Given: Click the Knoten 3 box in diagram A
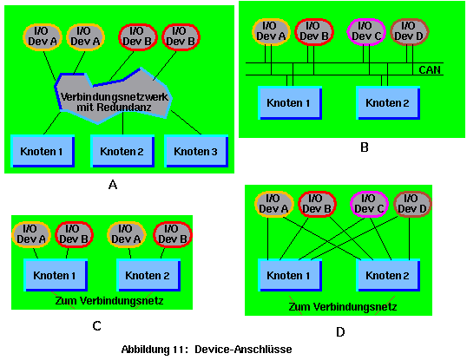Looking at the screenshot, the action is click(x=196, y=151).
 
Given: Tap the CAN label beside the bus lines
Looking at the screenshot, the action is click(x=430, y=70).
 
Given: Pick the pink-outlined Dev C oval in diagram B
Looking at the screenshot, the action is click(x=366, y=32).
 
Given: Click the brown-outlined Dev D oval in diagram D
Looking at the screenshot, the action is click(x=412, y=204).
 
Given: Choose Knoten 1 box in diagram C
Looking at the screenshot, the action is click(x=56, y=275).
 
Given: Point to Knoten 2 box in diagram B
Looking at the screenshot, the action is click(x=388, y=103).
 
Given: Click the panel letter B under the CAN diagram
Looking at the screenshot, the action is click(x=365, y=147).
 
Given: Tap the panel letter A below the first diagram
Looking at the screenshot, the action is click(x=113, y=185).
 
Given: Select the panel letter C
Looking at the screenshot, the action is click(x=97, y=326).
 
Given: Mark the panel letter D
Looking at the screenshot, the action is click(x=340, y=331).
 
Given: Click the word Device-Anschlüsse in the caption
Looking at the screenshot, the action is click(x=243, y=349).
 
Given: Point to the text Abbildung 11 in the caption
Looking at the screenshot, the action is click(x=155, y=350).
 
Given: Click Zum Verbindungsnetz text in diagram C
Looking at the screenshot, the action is click(x=109, y=301).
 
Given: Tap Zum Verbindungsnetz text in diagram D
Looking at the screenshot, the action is click(x=343, y=307).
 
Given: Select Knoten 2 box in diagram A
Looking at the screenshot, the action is click(x=122, y=151).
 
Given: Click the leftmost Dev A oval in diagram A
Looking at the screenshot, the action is click(x=43, y=37).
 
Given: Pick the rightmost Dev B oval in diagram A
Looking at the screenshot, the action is click(x=181, y=37).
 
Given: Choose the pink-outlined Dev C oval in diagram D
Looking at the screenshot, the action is click(x=369, y=204).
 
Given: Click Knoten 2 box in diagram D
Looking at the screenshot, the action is click(x=388, y=275).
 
